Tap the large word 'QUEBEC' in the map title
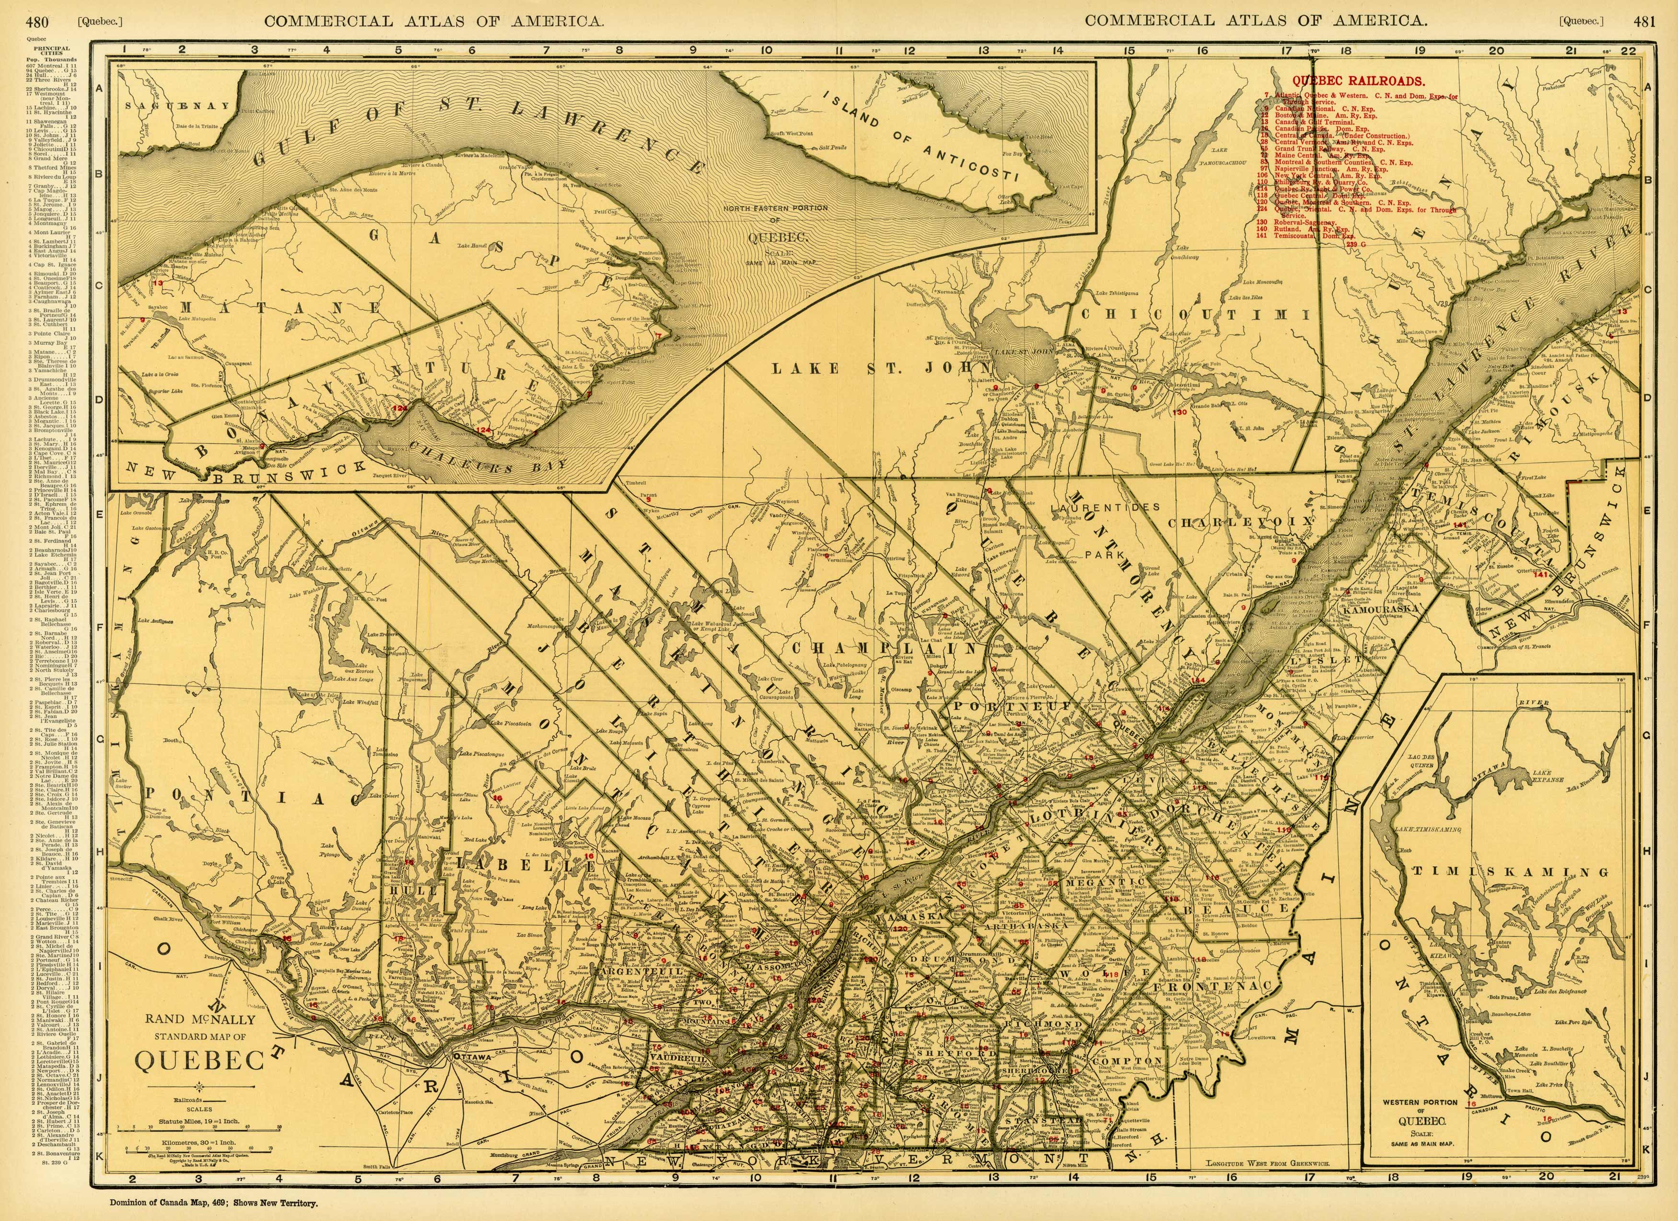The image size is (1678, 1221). tap(200, 1060)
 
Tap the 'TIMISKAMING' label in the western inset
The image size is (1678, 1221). tap(1509, 873)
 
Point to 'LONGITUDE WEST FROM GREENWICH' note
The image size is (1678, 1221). tap(1268, 1164)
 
